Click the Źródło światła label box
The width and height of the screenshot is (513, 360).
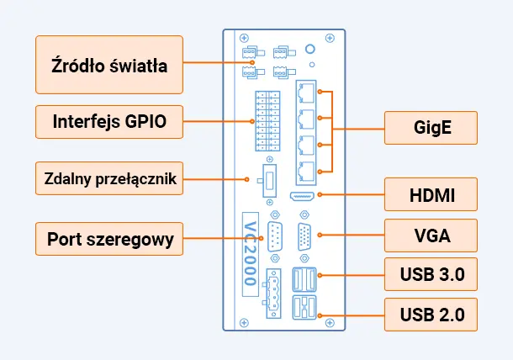tap(108, 65)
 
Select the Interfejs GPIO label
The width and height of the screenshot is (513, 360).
tap(108, 122)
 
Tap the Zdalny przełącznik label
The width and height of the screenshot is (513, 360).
tap(108, 178)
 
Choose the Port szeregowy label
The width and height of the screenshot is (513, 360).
tap(108, 239)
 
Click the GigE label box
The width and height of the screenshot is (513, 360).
tap(431, 129)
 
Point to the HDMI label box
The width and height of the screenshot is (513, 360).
tap(431, 196)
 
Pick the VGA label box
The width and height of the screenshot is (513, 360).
tap(431, 235)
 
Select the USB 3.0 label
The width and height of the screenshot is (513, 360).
tap(431, 274)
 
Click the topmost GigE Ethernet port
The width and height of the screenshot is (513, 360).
tap(306, 90)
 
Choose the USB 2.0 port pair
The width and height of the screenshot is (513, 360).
tap(304, 308)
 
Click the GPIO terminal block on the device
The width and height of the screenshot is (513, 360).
tap(267, 120)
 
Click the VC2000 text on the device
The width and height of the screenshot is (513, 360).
tap(250, 251)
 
